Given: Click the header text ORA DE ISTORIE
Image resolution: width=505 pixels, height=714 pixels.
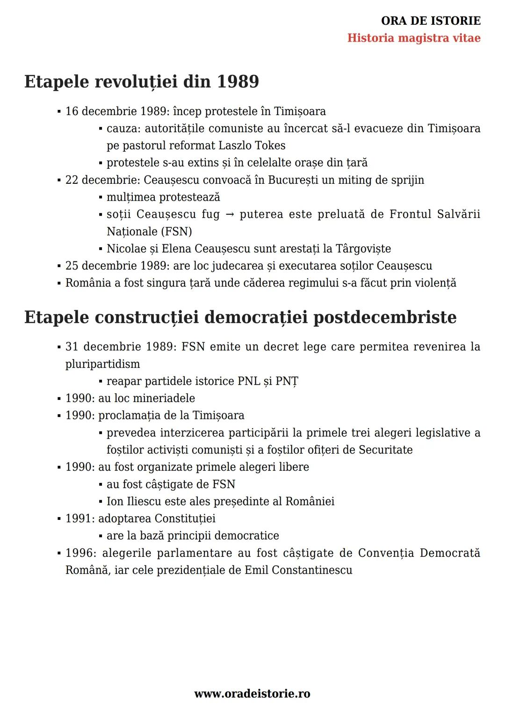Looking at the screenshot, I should pyautogui.click(x=431, y=21).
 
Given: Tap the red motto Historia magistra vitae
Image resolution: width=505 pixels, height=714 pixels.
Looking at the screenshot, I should pyautogui.click(x=414, y=38).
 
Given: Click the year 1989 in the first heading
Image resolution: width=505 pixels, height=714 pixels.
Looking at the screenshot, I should pyautogui.click(x=238, y=82).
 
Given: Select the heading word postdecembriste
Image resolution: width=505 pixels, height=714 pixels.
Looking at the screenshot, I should pyautogui.click(x=384, y=317).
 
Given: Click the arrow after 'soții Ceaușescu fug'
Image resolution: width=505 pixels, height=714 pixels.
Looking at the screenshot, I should pyautogui.click(x=230, y=215).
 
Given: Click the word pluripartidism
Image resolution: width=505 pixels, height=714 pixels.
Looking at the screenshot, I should pyautogui.click(x=102, y=364).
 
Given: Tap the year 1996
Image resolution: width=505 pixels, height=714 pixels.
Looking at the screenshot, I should pyautogui.click(x=79, y=553).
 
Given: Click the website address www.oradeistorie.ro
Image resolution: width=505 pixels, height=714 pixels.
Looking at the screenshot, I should pyautogui.click(x=252, y=694).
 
